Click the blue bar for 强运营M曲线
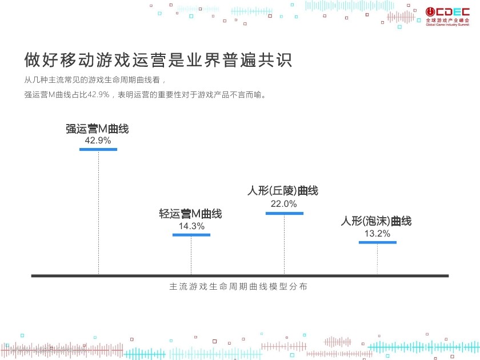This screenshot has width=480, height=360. click(x=98, y=149)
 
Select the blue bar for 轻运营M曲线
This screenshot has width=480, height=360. click(x=191, y=235)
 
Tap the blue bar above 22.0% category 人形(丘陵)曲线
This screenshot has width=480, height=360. click(x=284, y=213)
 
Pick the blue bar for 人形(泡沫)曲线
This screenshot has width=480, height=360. click(x=377, y=242)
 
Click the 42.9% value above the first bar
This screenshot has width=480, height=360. click(x=98, y=140)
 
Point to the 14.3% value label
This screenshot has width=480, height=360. click(x=191, y=226)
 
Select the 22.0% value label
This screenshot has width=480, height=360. click(x=284, y=204)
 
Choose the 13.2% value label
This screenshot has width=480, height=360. click(x=377, y=233)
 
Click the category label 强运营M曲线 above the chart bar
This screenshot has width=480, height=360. click(x=98, y=129)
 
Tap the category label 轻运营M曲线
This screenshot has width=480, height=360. click(x=191, y=214)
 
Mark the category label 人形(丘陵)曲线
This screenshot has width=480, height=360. click(x=283, y=191)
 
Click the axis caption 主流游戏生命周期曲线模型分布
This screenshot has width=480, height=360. click(x=238, y=287)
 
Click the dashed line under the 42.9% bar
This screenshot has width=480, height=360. click(x=98, y=211)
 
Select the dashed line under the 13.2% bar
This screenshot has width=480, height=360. click(x=377, y=258)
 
